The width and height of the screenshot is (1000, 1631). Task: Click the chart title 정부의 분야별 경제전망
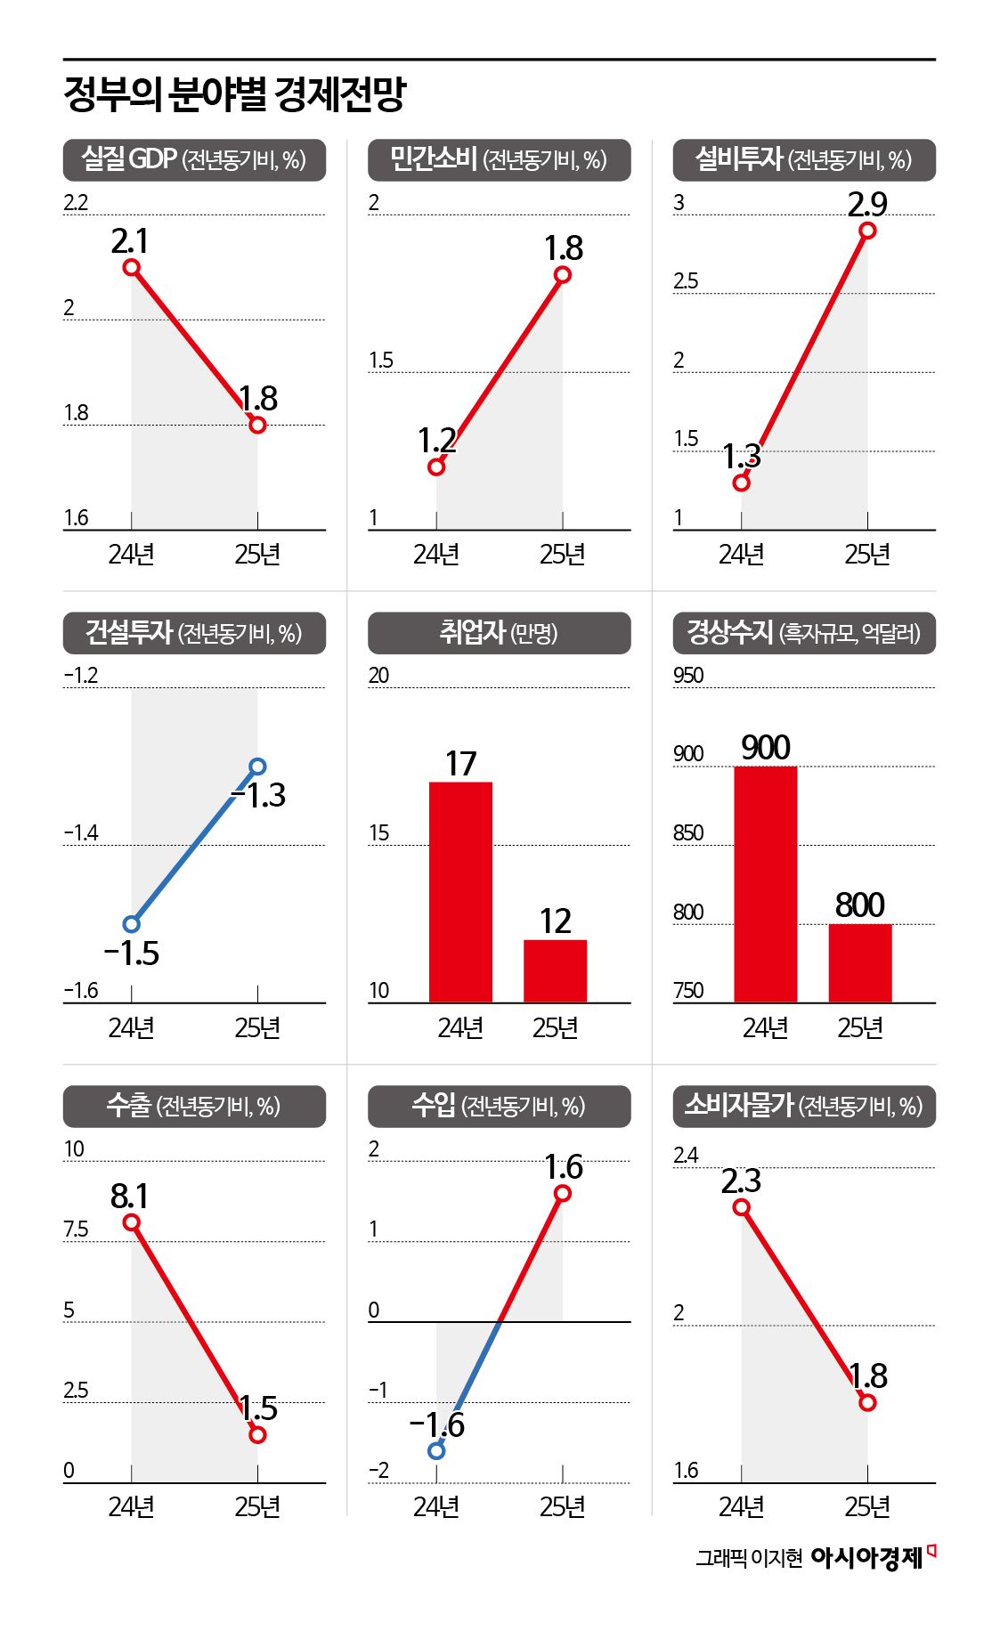coord(234,94)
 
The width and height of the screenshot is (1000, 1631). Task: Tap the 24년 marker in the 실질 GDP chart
coord(132,267)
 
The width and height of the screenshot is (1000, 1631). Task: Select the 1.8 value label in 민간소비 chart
coord(564,248)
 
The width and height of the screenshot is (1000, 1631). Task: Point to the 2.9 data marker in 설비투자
coord(867,231)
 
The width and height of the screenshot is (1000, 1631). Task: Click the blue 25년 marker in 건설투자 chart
coord(258,767)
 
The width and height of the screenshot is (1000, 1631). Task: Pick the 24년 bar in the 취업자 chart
coord(460,892)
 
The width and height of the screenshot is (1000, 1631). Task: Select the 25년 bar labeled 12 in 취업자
coord(555,970)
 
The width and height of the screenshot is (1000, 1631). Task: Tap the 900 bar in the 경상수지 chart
coord(765,884)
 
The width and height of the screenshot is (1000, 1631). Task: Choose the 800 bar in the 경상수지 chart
coord(859,963)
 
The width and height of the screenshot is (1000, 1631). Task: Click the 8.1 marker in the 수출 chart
coord(132,1222)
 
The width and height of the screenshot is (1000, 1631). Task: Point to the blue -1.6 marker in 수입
coord(436,1450)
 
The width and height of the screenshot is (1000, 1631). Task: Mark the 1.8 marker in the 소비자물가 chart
coord(867,1402)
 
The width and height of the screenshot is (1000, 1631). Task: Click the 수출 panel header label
coord(194,1107)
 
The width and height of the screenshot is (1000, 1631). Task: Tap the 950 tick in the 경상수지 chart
coord(688,676)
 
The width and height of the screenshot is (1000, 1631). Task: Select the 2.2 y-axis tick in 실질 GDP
coord(76,203)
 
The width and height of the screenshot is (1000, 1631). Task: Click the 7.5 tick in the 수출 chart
coord(76,1229)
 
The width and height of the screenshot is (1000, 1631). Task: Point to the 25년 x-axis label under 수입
coord(562,1506)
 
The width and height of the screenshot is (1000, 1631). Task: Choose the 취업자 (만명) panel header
coord(499,633)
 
